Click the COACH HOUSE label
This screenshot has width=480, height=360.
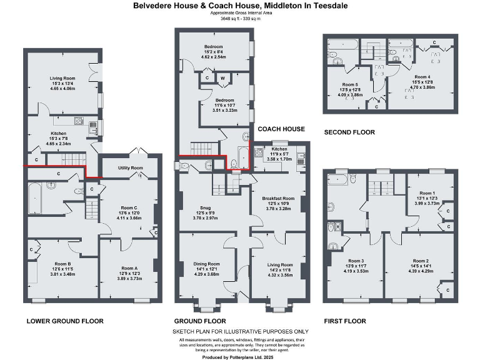(x=281, y=129)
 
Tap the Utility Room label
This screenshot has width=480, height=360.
(x=128, y=169)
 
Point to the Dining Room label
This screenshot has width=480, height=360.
(x=206, y=264)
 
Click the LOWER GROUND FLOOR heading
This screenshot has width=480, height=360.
(x=64, y=321)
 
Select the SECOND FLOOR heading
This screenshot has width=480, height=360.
(x=349, y=132)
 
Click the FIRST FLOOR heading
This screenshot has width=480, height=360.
(x=344, y=321)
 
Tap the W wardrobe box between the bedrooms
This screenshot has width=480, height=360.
(x=222, y=78)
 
